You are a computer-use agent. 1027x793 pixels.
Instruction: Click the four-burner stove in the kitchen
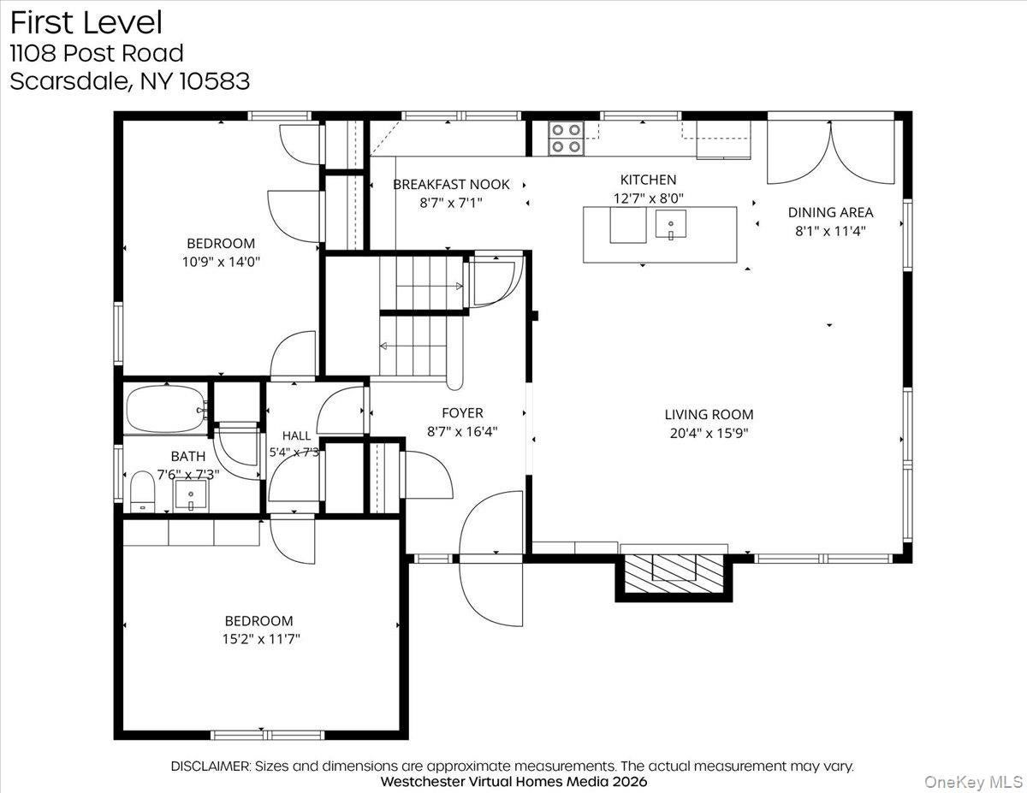(567, 139)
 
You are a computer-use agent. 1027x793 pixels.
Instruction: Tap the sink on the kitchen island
(671, 224)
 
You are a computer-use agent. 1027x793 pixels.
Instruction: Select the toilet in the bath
(142, 492)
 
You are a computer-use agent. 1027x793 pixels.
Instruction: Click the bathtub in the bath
(165, 409)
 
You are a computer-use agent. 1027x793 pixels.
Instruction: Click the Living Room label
(709, 414)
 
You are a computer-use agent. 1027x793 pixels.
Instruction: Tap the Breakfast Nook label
(451, 184)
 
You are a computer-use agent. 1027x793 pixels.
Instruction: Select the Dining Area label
(830, 212)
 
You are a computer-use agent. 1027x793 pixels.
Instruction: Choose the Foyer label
(462, 413)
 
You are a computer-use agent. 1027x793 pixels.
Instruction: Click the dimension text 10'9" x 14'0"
(221, 262)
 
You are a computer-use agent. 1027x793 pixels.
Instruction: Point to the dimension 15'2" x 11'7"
(261, 639)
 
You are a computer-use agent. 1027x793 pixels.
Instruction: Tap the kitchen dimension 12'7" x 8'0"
(649, 198)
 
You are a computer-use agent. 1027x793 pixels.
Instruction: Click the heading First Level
(86, 23)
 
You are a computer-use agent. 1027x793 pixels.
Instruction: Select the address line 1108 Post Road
(97, 53)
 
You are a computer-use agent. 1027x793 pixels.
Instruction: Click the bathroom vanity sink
(191, 495)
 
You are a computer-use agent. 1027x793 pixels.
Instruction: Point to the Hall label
(296, 435)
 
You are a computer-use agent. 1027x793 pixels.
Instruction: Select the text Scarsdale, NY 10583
(130, 81)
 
